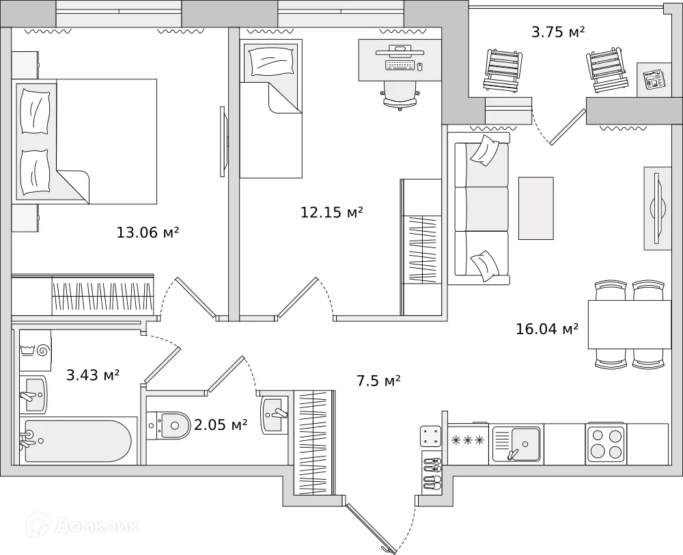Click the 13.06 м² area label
tap(148, 232)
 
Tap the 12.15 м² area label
tap(331, 212)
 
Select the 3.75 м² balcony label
tap(558, 31)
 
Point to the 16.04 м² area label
tap(547, 329)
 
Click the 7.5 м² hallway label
tap(378, 381)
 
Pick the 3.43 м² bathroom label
tap(93, 375)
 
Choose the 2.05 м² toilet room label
tap(220, 425)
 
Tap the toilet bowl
tap(171, 425)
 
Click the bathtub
tap(75, 442)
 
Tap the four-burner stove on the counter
tap(606, 443)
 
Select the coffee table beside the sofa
tap(536, 208)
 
